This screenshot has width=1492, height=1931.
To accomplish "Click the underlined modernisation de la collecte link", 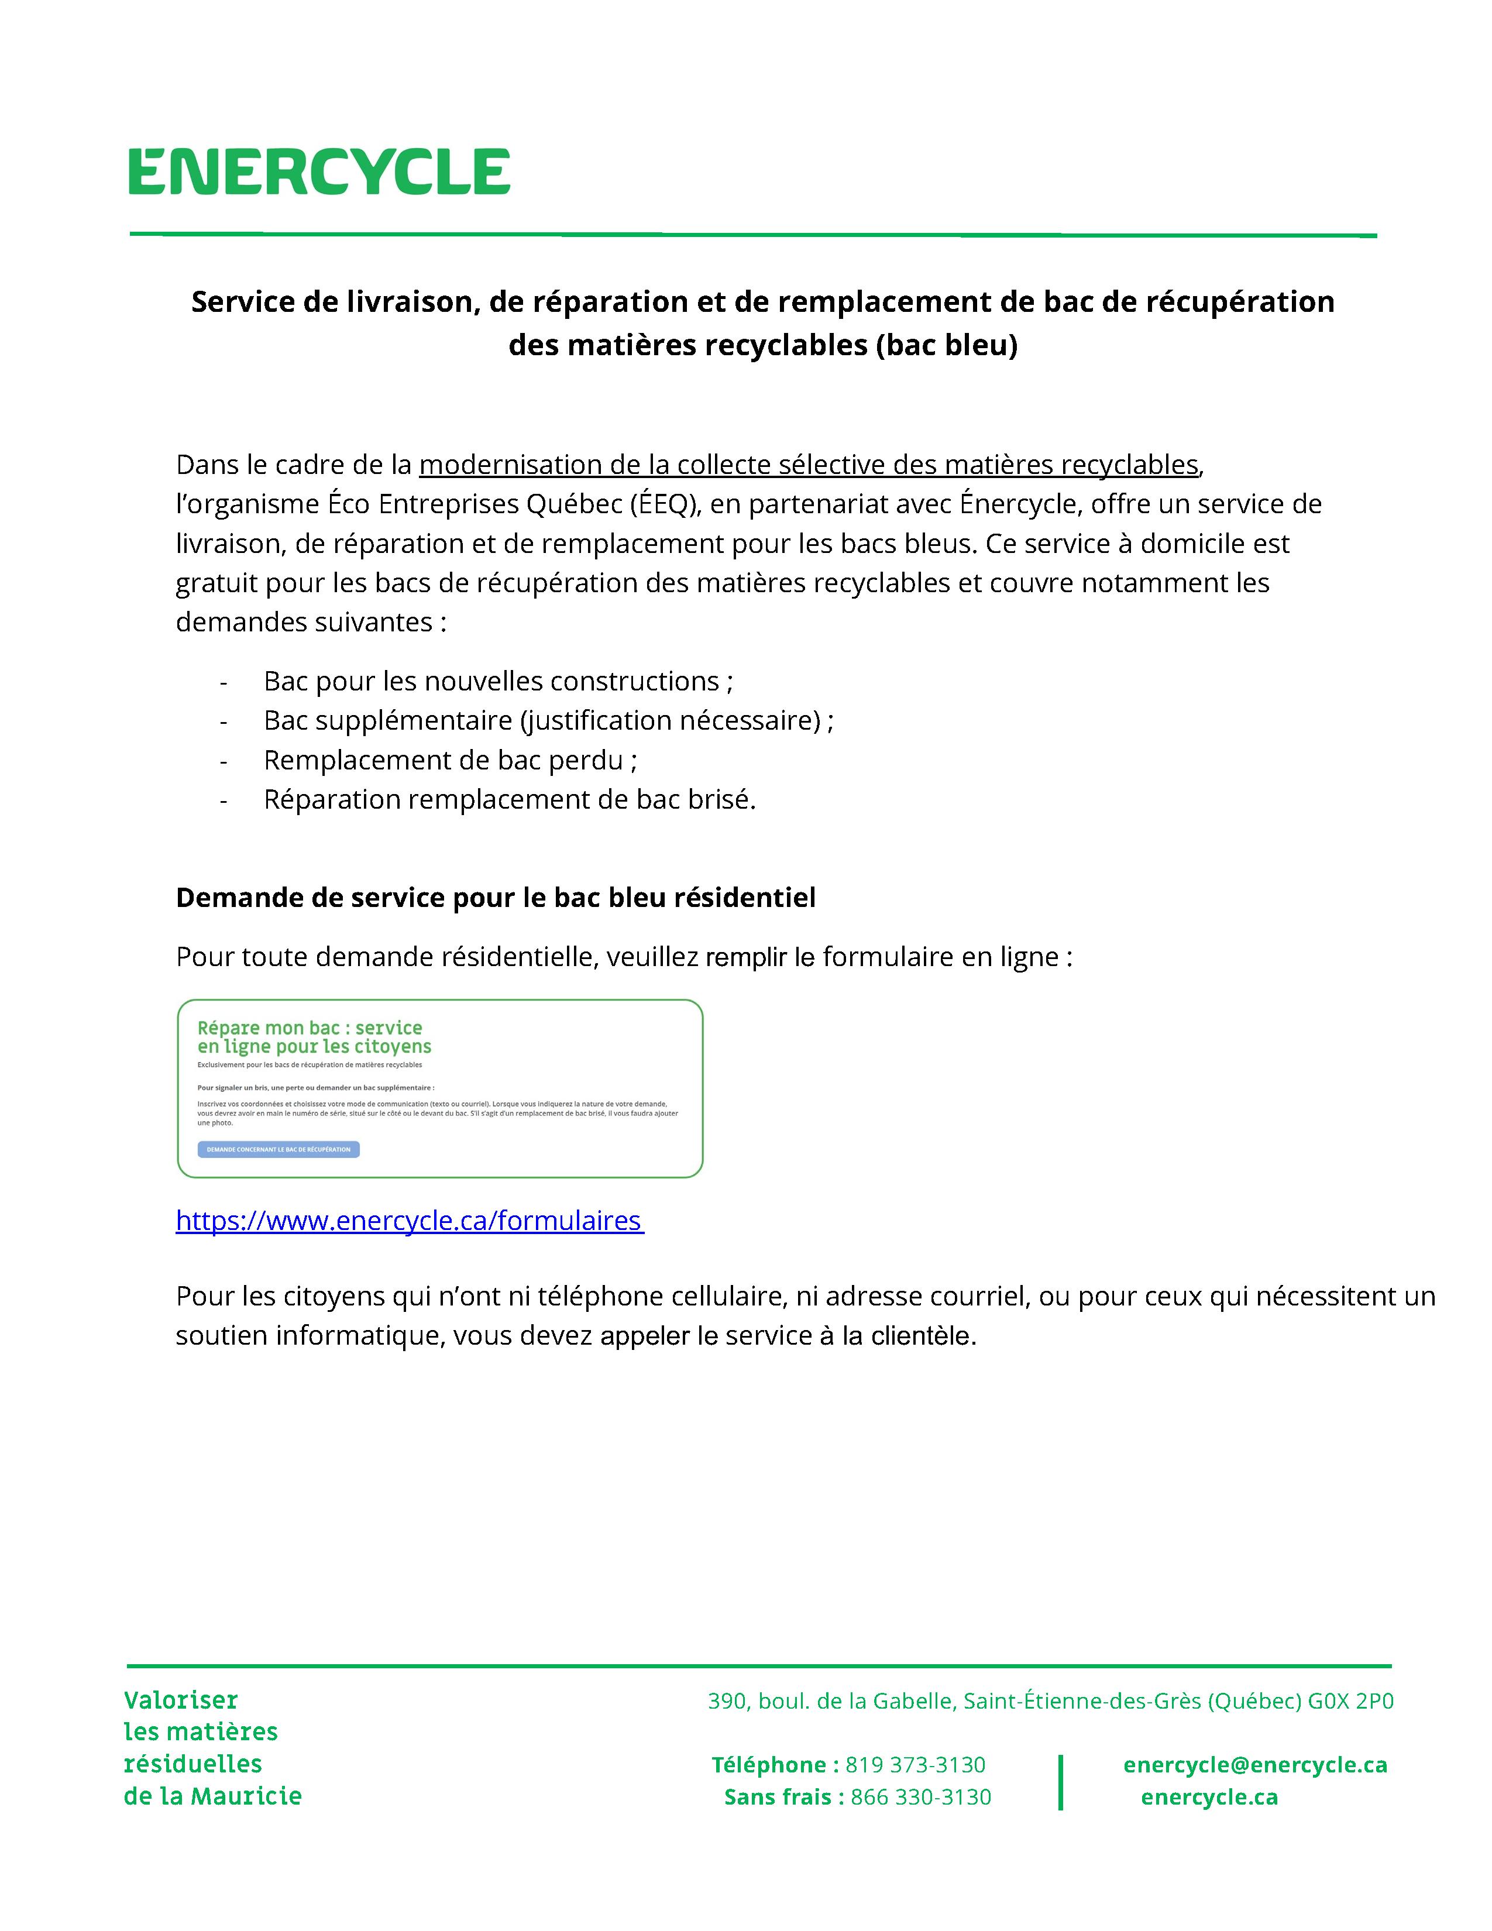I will coord(808,465).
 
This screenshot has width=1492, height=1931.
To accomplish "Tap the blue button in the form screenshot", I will coord(279,1149).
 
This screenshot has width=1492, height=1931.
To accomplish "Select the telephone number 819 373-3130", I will coord(915,1765).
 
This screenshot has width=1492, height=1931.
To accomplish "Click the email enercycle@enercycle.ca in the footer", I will coord(1254,1765).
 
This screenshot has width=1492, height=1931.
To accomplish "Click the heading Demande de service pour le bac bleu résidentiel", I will coord(495,898).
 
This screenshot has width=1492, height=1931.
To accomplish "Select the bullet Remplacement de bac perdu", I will coord(450,760).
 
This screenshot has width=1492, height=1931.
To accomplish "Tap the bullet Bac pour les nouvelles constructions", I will coord(498,682).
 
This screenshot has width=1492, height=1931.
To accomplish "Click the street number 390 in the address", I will coord(727,1701).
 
